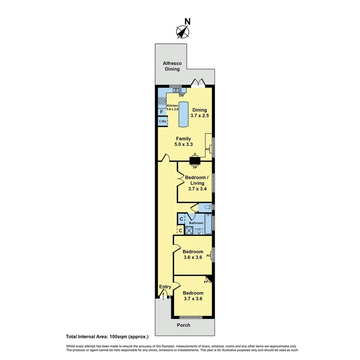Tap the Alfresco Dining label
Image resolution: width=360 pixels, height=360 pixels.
171,66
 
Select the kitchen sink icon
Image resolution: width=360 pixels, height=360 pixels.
177,90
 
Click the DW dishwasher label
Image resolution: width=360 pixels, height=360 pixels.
181,96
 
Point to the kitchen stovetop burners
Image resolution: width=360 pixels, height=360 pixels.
162,101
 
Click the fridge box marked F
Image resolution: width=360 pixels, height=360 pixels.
161,112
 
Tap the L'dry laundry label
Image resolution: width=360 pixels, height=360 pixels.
162,121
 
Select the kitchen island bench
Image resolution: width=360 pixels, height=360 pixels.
183,113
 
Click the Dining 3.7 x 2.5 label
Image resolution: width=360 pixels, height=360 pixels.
199,113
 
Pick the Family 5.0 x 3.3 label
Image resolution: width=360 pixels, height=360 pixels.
182,141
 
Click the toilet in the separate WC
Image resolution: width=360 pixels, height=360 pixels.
207,207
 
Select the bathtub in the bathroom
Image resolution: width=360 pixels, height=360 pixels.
208,225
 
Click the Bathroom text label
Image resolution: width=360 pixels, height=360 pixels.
196,223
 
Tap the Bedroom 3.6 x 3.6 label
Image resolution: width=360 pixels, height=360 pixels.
193,254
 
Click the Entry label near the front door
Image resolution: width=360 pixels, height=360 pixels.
165,287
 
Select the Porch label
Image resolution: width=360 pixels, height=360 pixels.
183,325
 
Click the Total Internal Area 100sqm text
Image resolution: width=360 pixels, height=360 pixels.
107,337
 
